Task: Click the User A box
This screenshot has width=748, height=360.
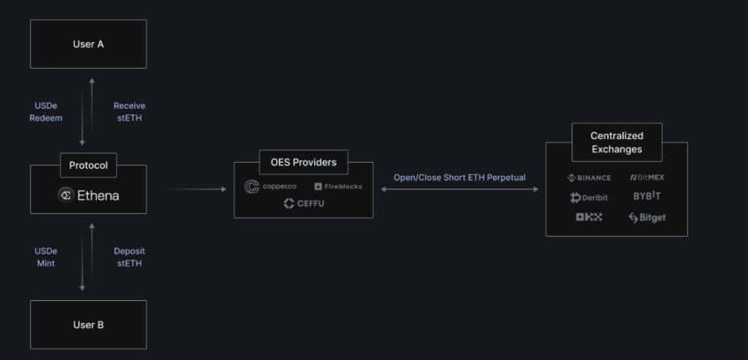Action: tap(88, 43)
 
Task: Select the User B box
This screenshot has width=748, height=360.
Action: tap(88, 325)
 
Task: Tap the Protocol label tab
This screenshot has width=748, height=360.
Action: tap(88, 165)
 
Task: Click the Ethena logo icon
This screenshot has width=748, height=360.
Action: tap(65, 195)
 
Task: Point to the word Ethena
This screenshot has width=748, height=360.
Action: tap(97, 195)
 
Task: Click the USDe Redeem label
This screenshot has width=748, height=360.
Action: tap(48, 112)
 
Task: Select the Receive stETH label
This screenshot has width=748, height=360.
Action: tap(129, 112)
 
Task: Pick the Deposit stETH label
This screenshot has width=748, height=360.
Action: tap(129, 257)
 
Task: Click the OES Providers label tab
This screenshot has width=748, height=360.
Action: tap(303, 162)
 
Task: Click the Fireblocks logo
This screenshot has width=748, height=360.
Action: tap(337, 187)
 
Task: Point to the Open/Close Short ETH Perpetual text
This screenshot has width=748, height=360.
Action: tap(459, 178)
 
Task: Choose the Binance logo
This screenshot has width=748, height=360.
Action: tap(589, 178)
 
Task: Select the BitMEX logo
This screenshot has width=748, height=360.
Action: tap(647, 178)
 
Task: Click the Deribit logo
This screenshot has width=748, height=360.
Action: tap(589, 197)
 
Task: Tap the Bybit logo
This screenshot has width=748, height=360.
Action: tap(647, 197)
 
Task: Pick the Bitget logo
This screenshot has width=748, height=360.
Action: tap(647, 217)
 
